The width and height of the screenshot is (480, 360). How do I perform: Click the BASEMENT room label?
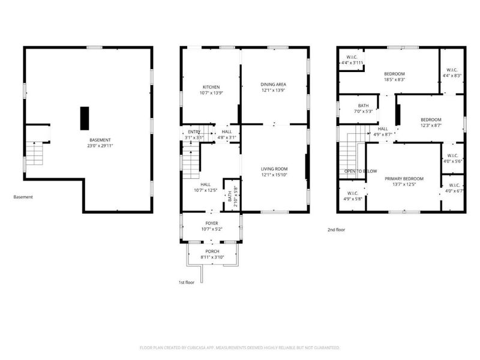[100, 140]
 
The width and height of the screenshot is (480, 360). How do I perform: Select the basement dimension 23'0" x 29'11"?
[100, 145]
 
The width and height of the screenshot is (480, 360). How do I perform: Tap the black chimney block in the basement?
[85, 118]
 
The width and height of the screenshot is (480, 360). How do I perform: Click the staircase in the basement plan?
[36, 154]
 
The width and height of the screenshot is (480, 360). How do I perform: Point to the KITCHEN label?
[211, 87]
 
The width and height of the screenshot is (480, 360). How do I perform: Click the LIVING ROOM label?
[274, 169]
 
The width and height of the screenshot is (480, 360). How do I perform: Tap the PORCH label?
[212, 251]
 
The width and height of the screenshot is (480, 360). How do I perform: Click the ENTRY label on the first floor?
[194, 132]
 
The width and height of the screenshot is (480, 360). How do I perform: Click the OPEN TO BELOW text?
[360, 171]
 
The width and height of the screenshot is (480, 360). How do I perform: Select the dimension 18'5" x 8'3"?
[394, 79]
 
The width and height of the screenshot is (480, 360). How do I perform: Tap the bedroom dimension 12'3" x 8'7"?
[430, 125]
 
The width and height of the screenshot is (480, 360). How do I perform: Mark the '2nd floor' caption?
[336, 229]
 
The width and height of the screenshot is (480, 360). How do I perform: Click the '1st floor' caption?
[187, 282]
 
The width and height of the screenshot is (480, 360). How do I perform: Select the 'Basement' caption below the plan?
[23, 197]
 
